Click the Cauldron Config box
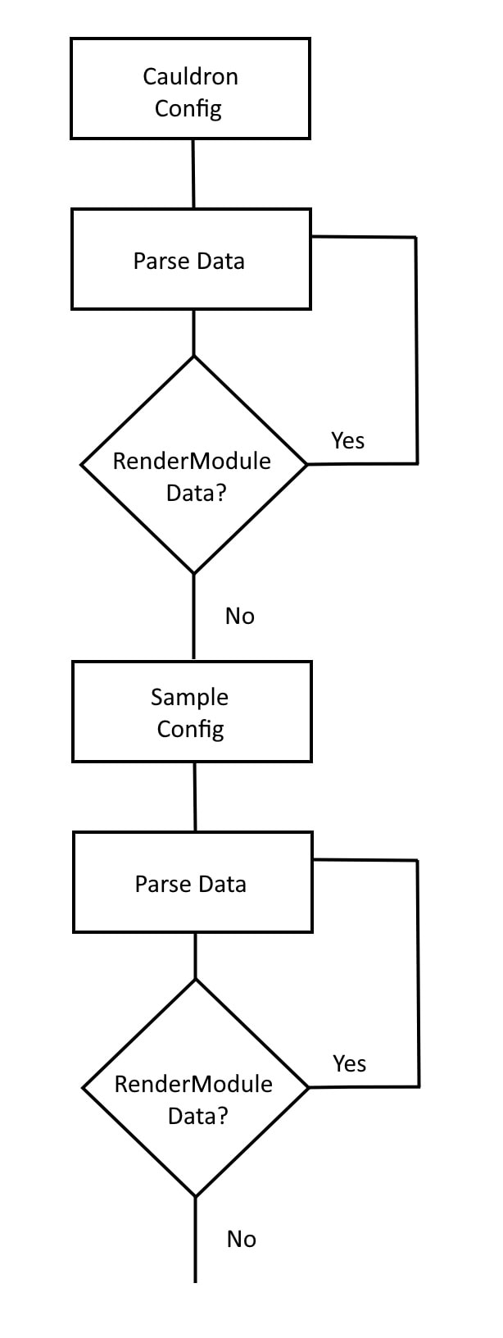point(190,89)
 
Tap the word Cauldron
point(190,76)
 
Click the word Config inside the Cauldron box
point(188,109)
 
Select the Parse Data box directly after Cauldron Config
point(191,260)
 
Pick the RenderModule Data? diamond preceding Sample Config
point(193,465)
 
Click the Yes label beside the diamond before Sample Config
point(347,440)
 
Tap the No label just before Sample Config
point(240,616)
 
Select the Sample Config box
point(192,712)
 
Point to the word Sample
point(189,697)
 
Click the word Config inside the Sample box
point(190,730)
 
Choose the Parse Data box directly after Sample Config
point(193,883)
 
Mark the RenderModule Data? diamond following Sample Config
point(195,1088)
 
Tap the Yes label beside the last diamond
point(349,1063)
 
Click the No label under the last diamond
point(242,1239)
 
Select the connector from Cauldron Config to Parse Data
point(193,173)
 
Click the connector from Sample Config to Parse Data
point(195,796)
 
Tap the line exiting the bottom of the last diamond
point(195,1240)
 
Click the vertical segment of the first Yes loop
point(416,350)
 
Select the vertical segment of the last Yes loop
point(418,973)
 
